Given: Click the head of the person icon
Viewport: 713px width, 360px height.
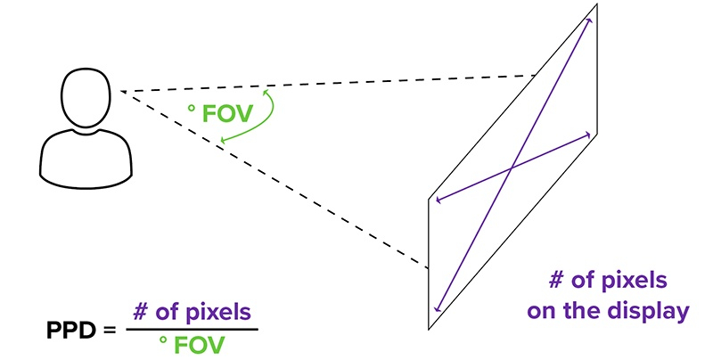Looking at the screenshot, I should (86, 97).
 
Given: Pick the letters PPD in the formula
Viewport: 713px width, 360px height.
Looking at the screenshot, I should (70, 328).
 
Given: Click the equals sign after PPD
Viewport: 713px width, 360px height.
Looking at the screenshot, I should (110, 329).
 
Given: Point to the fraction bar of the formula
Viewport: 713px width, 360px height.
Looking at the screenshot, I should (192, 329).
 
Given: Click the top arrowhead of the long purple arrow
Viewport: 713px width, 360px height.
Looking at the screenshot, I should (589, 19).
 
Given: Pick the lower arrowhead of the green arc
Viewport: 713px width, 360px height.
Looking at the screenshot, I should (223, 141).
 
